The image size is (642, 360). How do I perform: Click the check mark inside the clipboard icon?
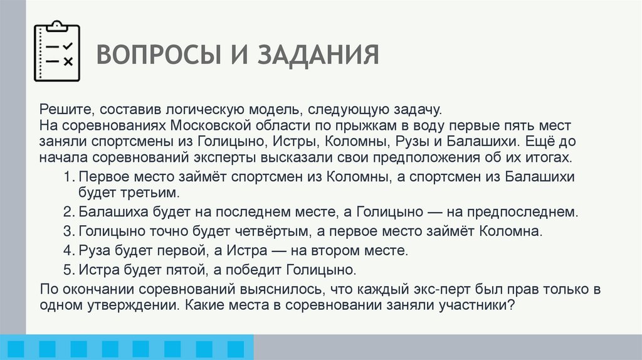pos(68,46)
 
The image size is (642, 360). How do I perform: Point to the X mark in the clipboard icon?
pos(68,61)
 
